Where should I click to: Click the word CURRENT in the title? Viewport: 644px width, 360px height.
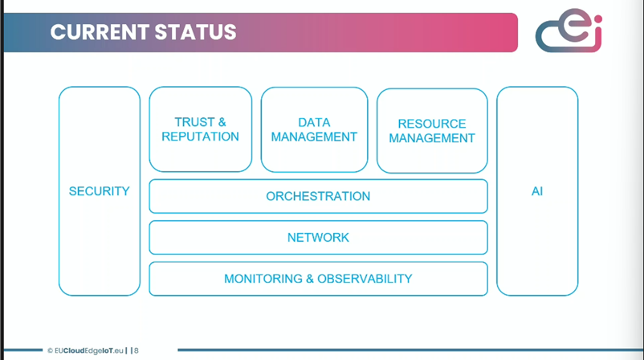click(98, 32)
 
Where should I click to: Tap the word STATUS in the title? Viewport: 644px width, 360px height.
click(195, 32)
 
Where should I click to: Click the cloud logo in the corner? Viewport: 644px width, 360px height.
click(569, 31)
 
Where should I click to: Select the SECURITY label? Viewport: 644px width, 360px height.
click(99, 191)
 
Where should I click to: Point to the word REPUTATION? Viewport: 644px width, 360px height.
click(200, 137)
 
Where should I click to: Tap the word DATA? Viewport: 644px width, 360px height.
click(314, 122)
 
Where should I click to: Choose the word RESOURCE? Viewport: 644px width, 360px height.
click(432, 124)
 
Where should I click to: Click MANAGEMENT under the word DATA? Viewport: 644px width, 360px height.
click(314, 137)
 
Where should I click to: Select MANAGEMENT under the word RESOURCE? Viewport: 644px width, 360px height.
click(432, 138)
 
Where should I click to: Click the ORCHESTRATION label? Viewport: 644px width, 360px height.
click(318, 196)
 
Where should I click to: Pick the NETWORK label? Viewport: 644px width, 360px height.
click(318, 238)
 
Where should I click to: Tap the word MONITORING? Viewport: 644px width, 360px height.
click(263, 279)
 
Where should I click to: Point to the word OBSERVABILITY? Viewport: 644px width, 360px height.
click(365, 279)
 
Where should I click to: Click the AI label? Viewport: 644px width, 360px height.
click(537, 191)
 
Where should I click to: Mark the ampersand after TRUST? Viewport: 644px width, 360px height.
click(222, 122)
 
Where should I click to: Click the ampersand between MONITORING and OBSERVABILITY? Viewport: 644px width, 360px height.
click(310, 279)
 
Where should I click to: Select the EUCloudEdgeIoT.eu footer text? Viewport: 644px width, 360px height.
click(88, 350)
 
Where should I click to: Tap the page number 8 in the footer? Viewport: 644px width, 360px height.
click(137, 350)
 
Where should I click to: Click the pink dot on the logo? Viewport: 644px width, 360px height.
click(598, 19)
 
